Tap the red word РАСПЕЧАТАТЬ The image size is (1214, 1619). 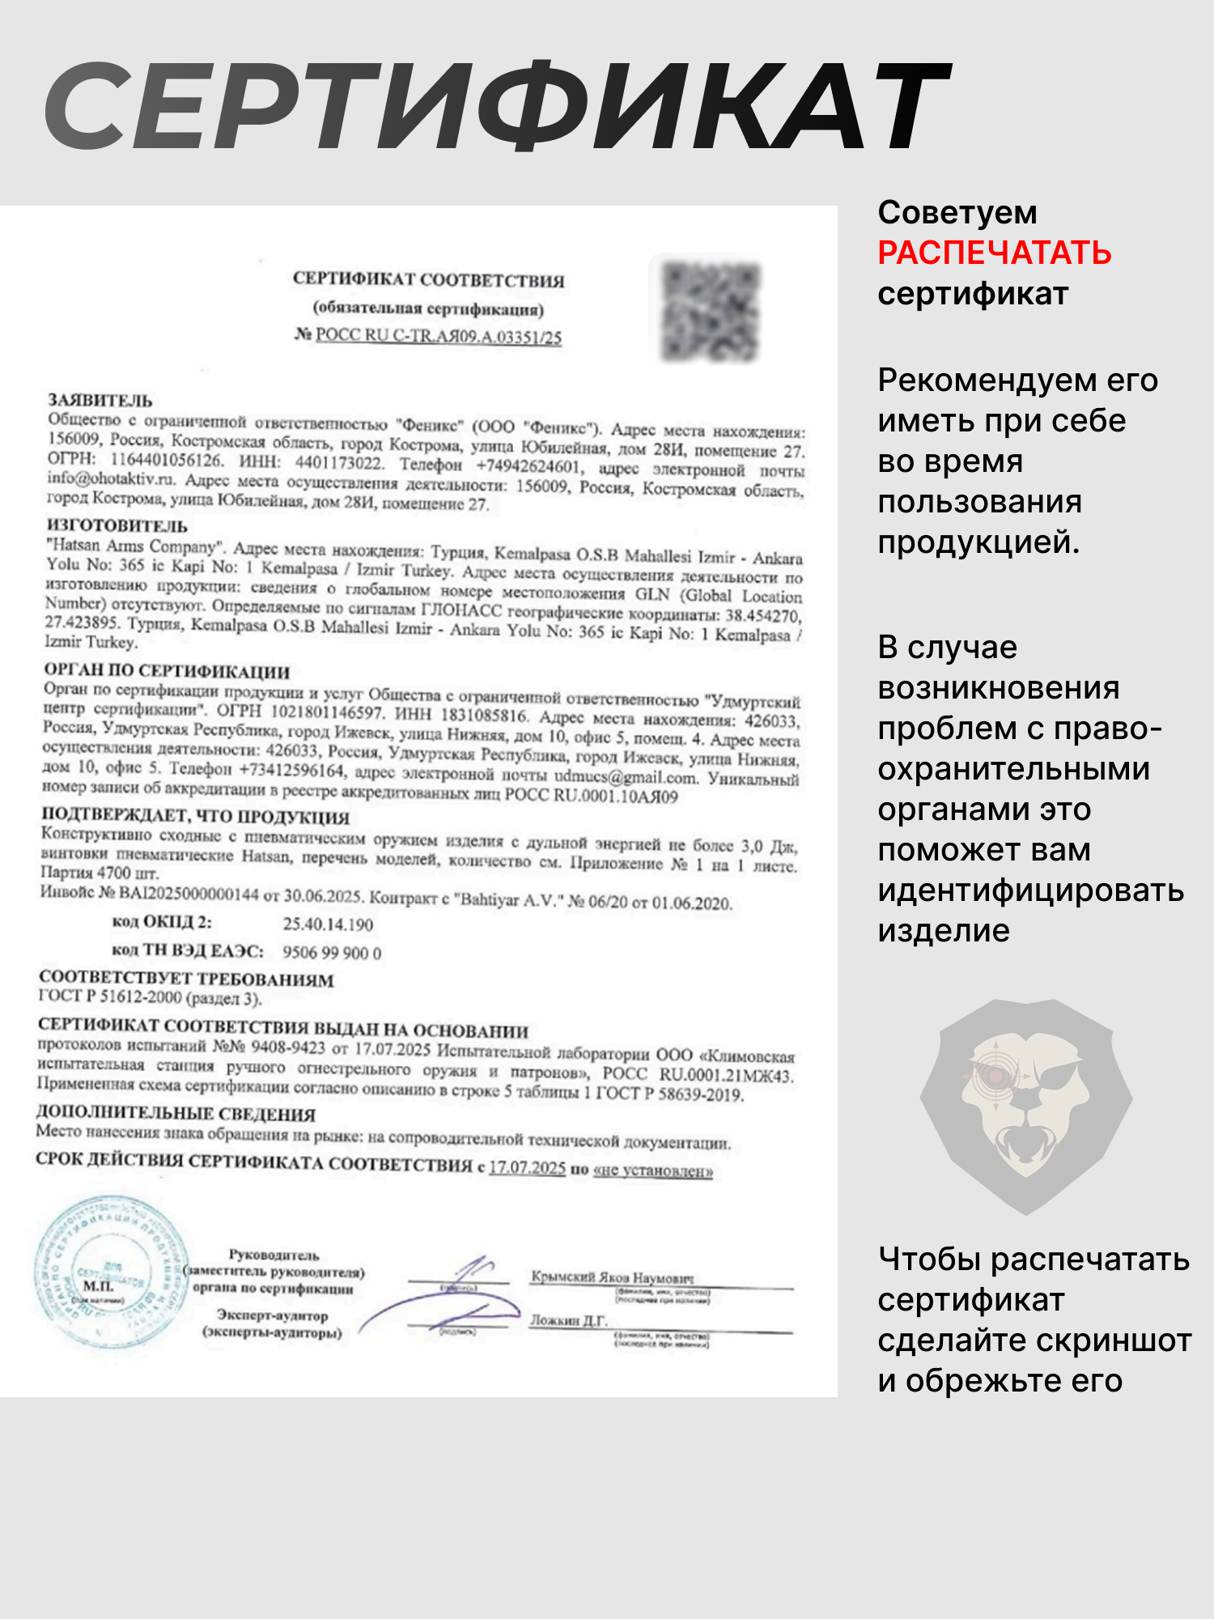tap(994, 253)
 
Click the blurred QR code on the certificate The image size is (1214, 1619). tap(710, 312)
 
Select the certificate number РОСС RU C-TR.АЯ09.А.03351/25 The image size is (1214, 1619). tap(438, 336)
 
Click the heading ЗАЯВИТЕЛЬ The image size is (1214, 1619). tap(100, 400)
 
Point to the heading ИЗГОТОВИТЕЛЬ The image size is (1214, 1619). tap(117, 526)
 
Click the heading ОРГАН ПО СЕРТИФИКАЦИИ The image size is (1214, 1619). tap(167, 670)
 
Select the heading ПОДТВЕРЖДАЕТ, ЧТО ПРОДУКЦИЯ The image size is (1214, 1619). tap(196, 815)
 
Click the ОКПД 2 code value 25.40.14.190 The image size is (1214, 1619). tap(328, 924)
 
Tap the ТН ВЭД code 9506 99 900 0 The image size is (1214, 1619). tap(332, 952)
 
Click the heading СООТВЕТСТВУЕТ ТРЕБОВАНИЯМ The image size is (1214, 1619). tap(186, 979)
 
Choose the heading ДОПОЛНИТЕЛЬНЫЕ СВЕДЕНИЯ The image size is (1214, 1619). tap(176, 1113)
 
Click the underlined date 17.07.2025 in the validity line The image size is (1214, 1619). tap(527, 1167)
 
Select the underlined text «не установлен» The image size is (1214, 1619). tap(653, 1171)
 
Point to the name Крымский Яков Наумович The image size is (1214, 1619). tap(612, 1277)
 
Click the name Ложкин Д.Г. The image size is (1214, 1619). tap(568, 1320)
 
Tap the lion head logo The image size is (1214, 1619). tap(1025, 1105)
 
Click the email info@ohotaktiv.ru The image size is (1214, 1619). tap(110, 478)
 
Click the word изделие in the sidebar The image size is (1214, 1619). tap(944, 931)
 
